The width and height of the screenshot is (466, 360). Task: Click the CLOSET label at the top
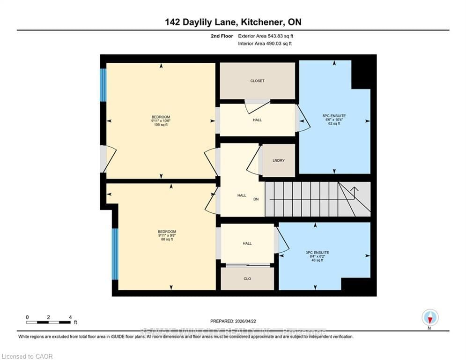pyautogui.click(x=257, y=81)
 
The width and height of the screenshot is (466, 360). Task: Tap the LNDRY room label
pyautogui.click(x=279, y=160)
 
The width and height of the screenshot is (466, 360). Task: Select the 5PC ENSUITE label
pyautogui.click(x=334, y=115)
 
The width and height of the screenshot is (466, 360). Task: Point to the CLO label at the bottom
pyautogui.click(x=247, y=278)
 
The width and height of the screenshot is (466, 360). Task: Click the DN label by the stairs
pyautogui.click(x=256, y=199)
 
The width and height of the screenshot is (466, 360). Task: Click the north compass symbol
pyautogui.click(x=429, y=318)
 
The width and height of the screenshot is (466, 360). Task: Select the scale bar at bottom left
pyautogui.click(x=49, y=322)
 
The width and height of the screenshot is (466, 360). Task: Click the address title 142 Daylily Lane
pyautogui.click(x=233, y=22)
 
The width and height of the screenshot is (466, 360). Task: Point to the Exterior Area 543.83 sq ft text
pyautogui.click(x=266, y=36)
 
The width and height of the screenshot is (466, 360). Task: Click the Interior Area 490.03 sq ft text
pyautogui.click(x=265, y=44)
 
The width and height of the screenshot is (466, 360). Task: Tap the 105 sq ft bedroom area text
pyautogui.click(x=161, y=125)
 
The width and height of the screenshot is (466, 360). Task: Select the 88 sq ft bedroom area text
pyautogui.click(x=167, y=240)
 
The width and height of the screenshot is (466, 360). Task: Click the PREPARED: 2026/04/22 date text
pyautogui.click(x=233, y=321)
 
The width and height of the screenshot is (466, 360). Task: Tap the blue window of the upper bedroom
pyautogui.click(x=103, y=85)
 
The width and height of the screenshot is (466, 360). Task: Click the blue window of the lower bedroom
pyautogui.click(x=115, y=254)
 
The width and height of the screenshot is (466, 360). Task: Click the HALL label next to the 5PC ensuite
pyautogui.click(x=257, y=120)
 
